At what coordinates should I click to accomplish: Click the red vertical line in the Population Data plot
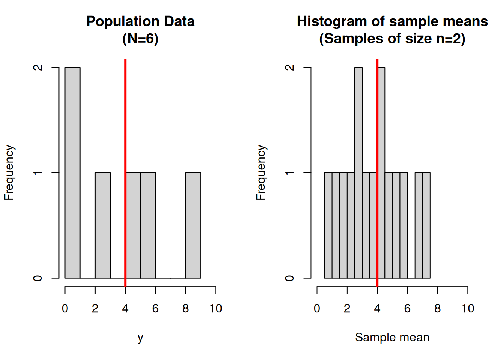[x=125, y=112]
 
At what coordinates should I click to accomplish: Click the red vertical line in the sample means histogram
[x=377, y=112]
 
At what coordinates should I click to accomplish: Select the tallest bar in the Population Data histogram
[x=72, y=172]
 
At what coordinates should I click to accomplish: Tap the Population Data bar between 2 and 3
[x=103, y=225]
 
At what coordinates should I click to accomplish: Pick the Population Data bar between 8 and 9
[x=193, y=225]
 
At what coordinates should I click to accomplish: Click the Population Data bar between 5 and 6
[x=148, y=225]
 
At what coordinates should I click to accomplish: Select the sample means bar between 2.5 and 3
[x=358, y=172]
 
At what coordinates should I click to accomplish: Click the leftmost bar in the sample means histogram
[x=328, y=225]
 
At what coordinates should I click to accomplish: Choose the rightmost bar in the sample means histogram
[x=426, y=225]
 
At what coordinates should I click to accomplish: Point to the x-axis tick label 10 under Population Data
[x=216, y=309]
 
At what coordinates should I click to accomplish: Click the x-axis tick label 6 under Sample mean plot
[x=407, y=309]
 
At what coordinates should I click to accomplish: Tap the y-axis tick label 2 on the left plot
[x=38, y=67]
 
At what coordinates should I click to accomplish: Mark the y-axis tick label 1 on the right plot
[x=290, y=173]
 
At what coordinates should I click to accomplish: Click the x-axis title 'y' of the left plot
[x=140, y=337]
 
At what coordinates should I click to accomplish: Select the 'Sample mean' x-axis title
[x=392, y=337]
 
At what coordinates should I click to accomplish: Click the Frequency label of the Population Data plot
[x=9, y=172]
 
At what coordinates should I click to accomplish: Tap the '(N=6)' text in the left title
[x=140, y=39]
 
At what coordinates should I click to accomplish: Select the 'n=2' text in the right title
[x=449, y=39]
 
